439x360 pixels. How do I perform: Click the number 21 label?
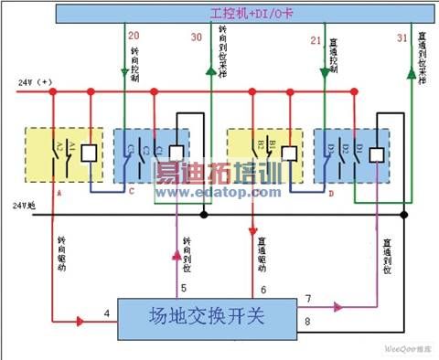coord(316,40)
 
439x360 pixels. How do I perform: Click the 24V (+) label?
coord(34,82)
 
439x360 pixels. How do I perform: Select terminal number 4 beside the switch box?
coord(106,314)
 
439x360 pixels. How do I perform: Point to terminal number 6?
coord(262,290)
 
